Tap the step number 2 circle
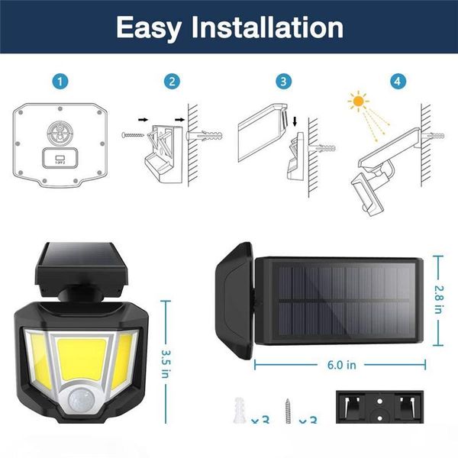173,80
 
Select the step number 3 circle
285,80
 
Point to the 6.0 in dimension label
340,365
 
